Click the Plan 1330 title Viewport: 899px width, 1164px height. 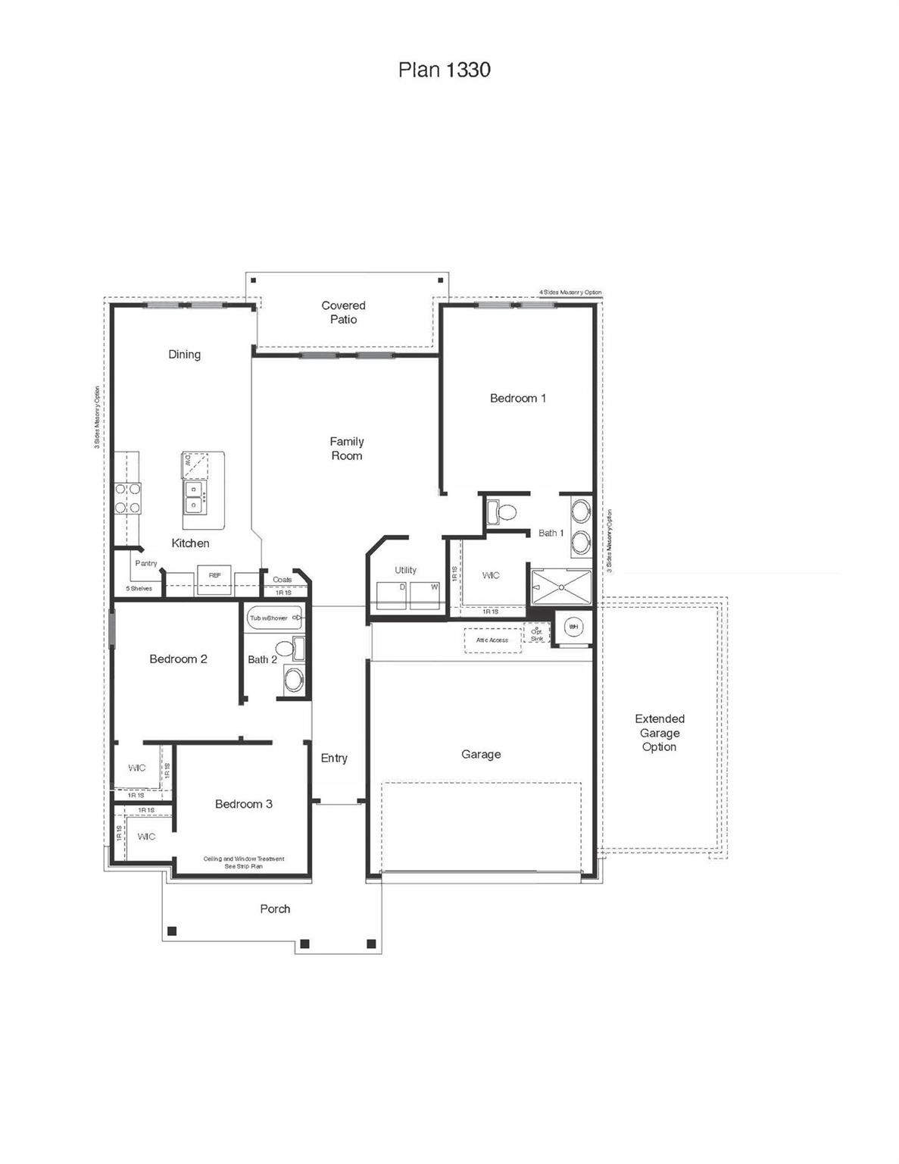tap(444, 70)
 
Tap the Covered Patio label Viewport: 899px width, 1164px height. tap(343, 312)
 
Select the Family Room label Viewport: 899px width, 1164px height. tap(347, 449)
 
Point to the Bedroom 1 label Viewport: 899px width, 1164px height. tap(518, 398)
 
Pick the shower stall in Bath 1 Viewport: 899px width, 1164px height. tap(561, 587)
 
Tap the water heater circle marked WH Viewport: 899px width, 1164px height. tap(573, 627)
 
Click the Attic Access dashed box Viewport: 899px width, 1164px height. tap(492, 640)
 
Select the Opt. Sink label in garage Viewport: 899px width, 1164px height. tap(537, 634)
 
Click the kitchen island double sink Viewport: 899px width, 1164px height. tap(194, 497)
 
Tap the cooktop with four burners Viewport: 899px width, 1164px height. tap(127, 499)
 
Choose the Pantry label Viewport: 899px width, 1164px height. tap(146, 563)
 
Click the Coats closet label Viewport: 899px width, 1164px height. tap(282, 580)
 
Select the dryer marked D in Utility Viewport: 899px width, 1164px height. tap(392, 595)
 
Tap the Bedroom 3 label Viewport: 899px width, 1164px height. tap(244, 804)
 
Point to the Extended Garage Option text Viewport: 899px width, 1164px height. tap(660, 733)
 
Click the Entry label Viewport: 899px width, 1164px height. tap(334, 758)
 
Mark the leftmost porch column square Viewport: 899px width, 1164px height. tap(172, 931)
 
